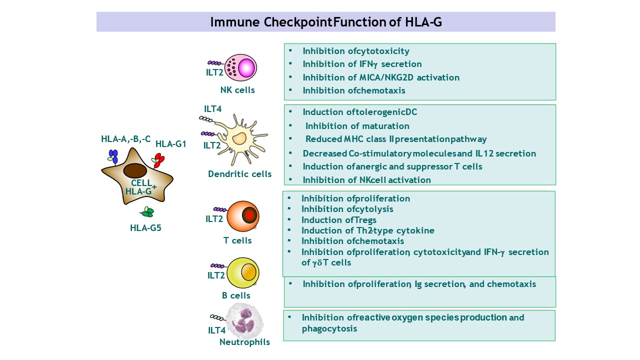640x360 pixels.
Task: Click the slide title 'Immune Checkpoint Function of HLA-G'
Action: pos(325,22)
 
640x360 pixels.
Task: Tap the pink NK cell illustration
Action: pos(240,67)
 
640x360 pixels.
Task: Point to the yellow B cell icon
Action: pos(243,272)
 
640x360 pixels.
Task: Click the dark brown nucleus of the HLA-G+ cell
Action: pos(135,170)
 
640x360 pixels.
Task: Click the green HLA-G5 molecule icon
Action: pos(147,212)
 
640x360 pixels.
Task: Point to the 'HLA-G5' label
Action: pos(145,228)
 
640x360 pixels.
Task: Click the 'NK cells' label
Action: pos(237,90)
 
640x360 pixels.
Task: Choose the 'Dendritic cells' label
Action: pos(240,174)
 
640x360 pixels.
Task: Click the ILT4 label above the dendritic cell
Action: pos(212,109)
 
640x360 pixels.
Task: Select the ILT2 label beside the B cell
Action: pos(216,275)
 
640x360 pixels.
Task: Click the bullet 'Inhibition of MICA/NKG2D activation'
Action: pos(381,77)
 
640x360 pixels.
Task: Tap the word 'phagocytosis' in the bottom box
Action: pos(329,328)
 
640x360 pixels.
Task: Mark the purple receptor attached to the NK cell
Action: pos(215,63)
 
